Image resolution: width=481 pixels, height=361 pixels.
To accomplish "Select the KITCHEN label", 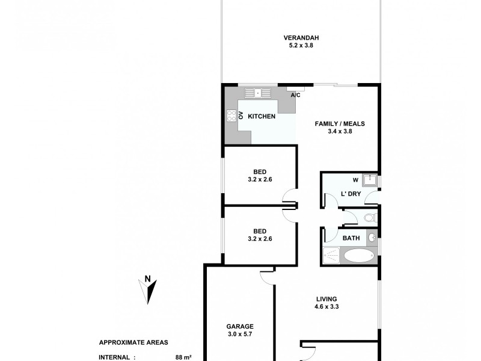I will [262, 117].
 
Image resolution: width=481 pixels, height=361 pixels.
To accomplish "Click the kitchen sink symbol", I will [257, 93].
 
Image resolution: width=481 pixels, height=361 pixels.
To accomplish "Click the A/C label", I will [296, 95].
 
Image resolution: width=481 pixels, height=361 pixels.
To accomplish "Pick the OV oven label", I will [241, 116].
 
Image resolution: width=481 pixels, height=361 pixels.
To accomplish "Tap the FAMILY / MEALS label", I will [340, 124].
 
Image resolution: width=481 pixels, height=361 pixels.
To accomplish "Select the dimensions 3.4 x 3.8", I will [340, 132].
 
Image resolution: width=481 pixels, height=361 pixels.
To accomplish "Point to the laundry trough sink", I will [371, 179].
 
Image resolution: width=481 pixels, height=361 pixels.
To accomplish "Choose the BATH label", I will [351, 238].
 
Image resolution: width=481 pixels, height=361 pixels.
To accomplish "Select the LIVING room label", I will [326, 299].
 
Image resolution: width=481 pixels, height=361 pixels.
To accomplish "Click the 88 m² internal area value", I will [183, 357].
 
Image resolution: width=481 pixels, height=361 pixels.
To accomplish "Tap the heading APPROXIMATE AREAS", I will [133, 342].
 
